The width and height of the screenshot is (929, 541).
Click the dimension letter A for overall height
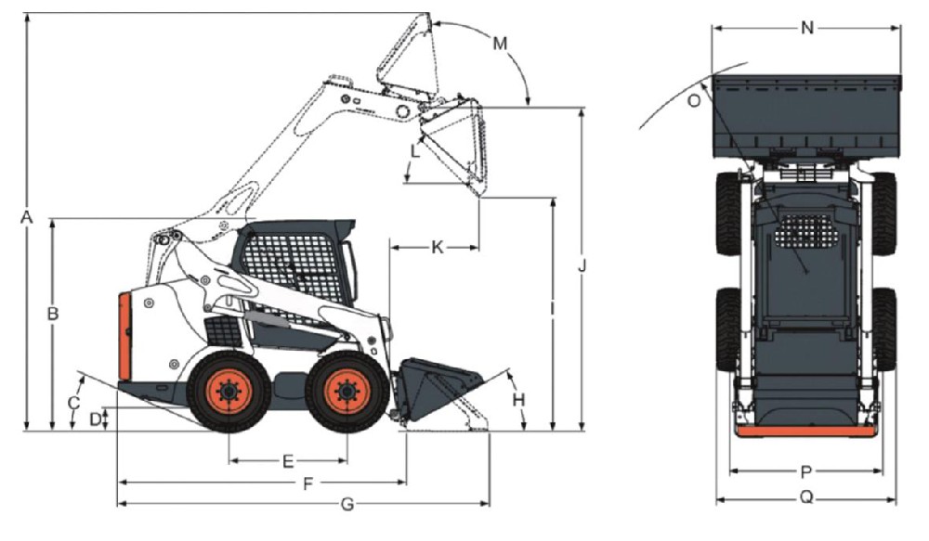click(26, 218)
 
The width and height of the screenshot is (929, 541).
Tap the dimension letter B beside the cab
click(53, 314)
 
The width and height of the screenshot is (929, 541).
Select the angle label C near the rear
click(73, 403)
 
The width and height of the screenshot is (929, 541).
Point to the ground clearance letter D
click(96, 419)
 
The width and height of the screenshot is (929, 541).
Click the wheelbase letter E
click(288, 461)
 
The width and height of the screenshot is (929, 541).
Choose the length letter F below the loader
click(308, 484)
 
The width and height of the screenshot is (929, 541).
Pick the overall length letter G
click(347, 504)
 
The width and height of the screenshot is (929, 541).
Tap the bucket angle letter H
click(519, 401)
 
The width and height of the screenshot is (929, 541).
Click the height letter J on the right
click(582, 265)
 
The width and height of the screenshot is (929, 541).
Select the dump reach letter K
click(438, 248)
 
